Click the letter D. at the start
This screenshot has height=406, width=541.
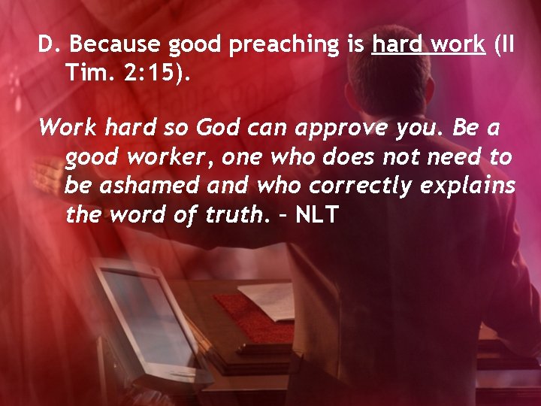(x=49, y=46)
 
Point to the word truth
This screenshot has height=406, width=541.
(x=237, y=215)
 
